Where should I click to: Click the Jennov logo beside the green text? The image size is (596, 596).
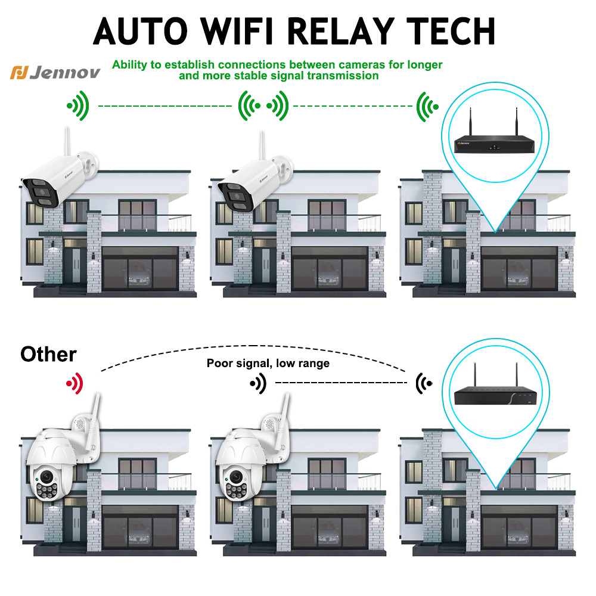tap(55, 72)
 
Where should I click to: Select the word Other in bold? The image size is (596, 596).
tap(48, 355)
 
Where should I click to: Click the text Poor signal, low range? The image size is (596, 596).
tap(268, 363)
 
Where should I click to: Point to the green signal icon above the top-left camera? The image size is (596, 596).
tap(78, 106)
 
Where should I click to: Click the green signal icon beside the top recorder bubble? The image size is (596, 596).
tap(427, 106)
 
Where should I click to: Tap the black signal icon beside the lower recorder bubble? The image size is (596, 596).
tap(425, 382)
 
